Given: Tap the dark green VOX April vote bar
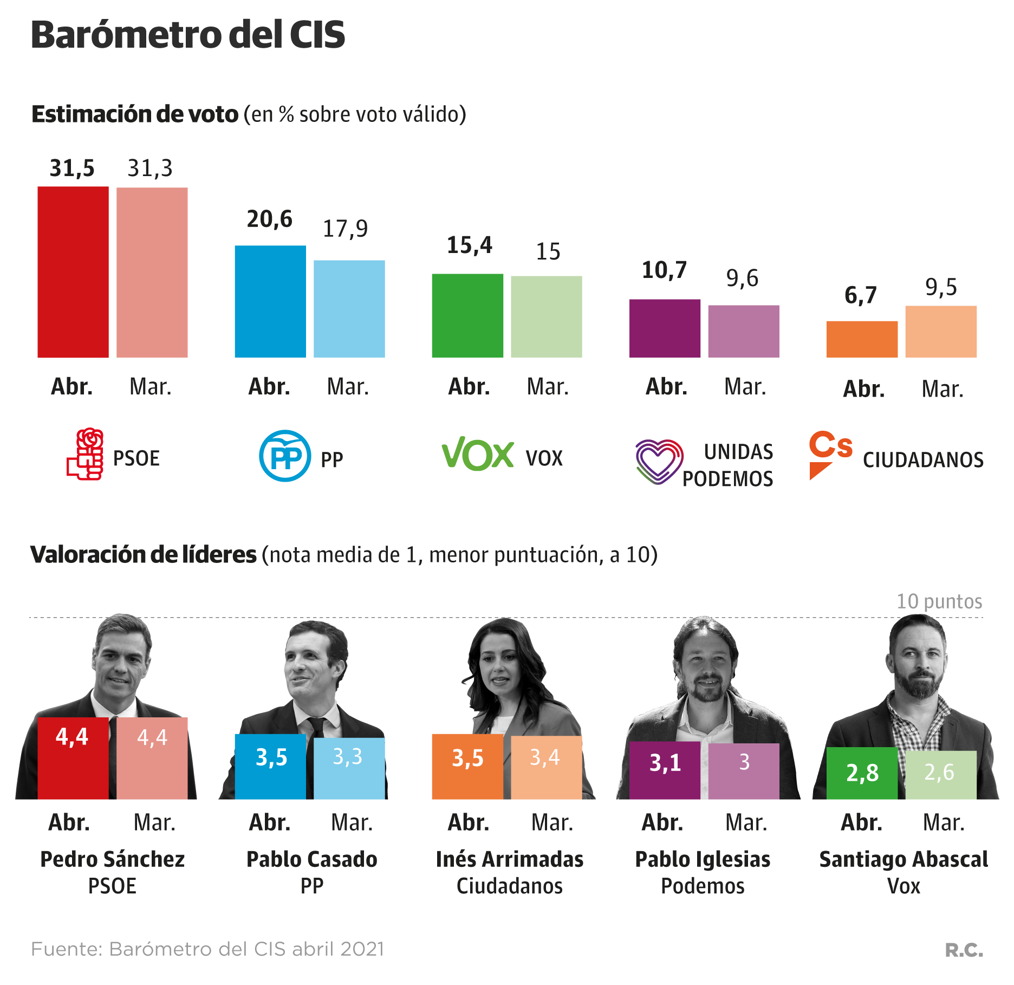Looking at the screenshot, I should click(467, 315).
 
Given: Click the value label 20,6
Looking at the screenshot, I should click(269, 219).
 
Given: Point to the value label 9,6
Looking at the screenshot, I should click(742, 278).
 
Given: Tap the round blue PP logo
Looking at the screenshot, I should click(285, 456).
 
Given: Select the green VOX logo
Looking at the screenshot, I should click(477, 453).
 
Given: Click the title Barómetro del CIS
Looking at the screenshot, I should click(188, 35).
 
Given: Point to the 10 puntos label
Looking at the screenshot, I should click(939, 601).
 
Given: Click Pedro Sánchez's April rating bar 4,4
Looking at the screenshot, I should click(73, 758).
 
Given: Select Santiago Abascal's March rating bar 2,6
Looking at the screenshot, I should click(940, 774).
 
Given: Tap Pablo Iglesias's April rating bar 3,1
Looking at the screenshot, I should click(664, 770).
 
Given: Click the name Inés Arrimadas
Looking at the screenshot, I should click(509, 859).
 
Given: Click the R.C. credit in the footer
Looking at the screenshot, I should click(964, 950).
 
